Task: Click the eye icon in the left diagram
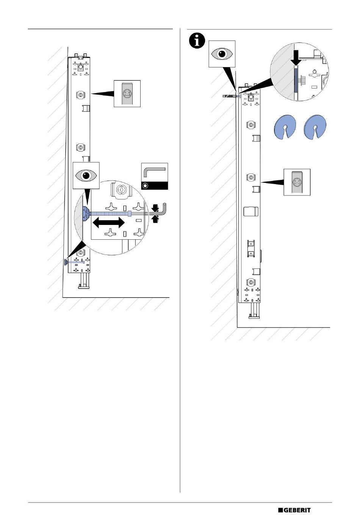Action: pyautogui.click(x=86, y=175)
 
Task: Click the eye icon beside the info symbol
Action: pyautogui.click(x=222, y=54)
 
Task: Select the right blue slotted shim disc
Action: pyautogui.click(x=315, y=127)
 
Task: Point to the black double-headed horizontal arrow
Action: pyautogui.click(x=108, y=223)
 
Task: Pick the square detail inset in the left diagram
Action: pyautogui.click(x=127, y=94)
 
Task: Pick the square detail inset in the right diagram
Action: pyautogui.click(x=297, y=182)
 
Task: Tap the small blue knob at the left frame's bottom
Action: pyautogui.click(x=66, y=262)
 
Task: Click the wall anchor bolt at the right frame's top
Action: pyautogui.click(x=231, y=96)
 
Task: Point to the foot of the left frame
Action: pyautogui.click(x=84, y=281)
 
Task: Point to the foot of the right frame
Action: pyautogui.click(x=254, y=311)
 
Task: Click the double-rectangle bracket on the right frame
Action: pyautogui.click(x=251, y=249)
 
